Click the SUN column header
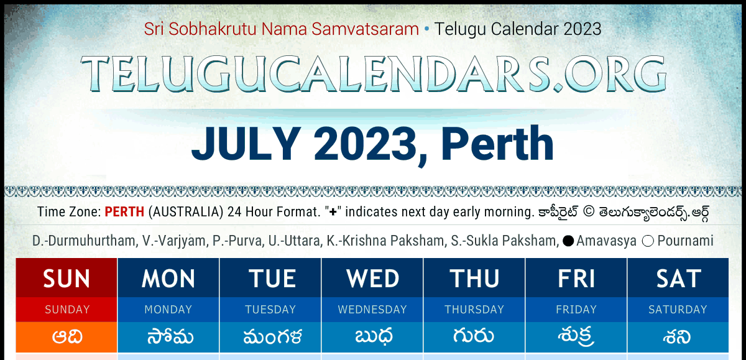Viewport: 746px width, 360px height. pyautogui.click(x=67, y=279)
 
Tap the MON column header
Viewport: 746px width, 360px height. pyautogui.click(x=168, y=279)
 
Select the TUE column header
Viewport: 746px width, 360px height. pyautogui.click(x=272, y=279)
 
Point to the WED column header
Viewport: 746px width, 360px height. pyautogui.click(x=372, y=279)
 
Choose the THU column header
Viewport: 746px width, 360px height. pyautogui.click(x=474, y=279)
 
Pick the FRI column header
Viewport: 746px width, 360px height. pyautogui.click(x=576, y=279)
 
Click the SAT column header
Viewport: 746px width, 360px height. pyautogui.click(x=678, y=279)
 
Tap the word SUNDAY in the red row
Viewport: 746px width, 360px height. pyautogui.click(x=67, y=310)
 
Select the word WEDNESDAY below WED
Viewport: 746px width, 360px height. pyautogui.click(x=372, y=310)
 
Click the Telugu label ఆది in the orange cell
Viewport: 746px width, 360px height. pyautogui.click(x=67, y=337)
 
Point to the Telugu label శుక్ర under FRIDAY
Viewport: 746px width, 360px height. pyautogui.click(x=576, y=337)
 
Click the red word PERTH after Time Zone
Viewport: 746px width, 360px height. pyautogui.click(x=124, y=212)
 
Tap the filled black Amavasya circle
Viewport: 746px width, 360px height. pyautogui.click(x=568, y=241)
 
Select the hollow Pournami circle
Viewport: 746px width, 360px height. pyautogui.click(x=648, y=241)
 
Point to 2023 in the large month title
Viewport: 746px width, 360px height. pyautogui.click(x=366, y=144)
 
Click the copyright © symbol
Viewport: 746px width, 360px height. pyautogui.click(x=589, y=212)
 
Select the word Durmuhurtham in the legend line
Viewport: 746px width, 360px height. pyautogui.click(x=93, y=241)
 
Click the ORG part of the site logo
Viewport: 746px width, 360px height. pyautogui.click(x=615, y=74)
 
